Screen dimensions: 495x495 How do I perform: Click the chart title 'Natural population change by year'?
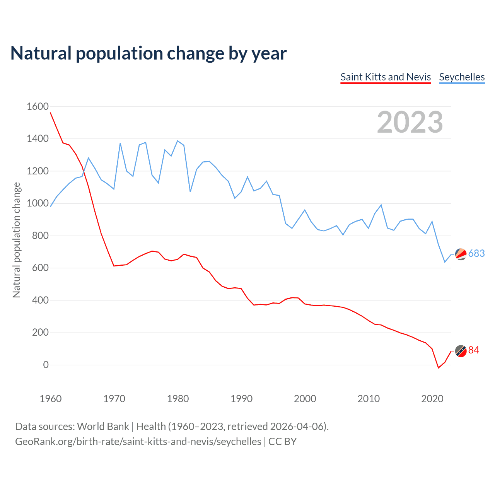point(148,53)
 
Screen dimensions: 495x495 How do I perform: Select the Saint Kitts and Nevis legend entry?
point(386,77)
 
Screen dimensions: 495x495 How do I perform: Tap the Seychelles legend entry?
point(462,77)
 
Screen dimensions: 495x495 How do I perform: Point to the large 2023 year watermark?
point(410,122)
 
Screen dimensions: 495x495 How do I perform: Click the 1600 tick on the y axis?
point(38,106)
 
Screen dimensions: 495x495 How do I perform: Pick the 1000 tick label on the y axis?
point(38,203)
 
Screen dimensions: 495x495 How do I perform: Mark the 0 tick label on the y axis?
point(46,365)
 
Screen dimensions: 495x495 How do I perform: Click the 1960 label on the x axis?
point(51,399)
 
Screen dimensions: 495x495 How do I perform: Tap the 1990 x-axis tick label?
point(241,399)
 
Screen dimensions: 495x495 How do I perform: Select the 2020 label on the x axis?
point(432,399)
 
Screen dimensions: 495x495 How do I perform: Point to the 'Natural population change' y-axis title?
point(17,240)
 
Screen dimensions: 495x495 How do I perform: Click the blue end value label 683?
point(476,253)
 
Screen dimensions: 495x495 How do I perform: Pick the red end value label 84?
point(474,350)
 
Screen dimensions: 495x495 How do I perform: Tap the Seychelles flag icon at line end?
point(461,254)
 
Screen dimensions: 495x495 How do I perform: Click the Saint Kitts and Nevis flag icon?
point(461,350)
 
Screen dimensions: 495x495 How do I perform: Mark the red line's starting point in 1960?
point(51,113)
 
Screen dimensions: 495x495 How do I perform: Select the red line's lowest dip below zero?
point(439,367)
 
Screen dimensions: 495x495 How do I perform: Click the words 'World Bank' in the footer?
point(103,427)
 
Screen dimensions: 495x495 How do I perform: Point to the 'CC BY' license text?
point(282,442)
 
